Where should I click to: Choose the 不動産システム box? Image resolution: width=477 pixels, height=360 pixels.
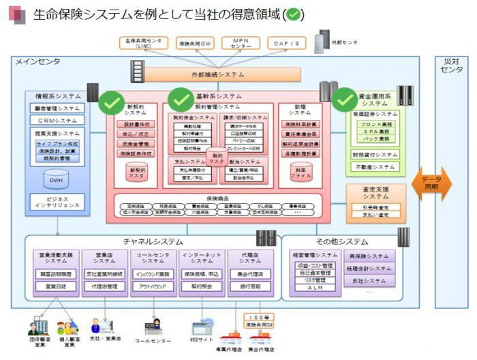pos(375,166)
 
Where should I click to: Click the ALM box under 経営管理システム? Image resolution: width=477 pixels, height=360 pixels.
pos(314,288)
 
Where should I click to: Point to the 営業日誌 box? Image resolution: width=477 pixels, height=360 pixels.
pos(56,287)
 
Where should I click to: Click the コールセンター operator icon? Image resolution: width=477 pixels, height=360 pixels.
pos(154,326)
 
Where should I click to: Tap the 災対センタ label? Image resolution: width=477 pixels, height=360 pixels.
pos(452,65)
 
